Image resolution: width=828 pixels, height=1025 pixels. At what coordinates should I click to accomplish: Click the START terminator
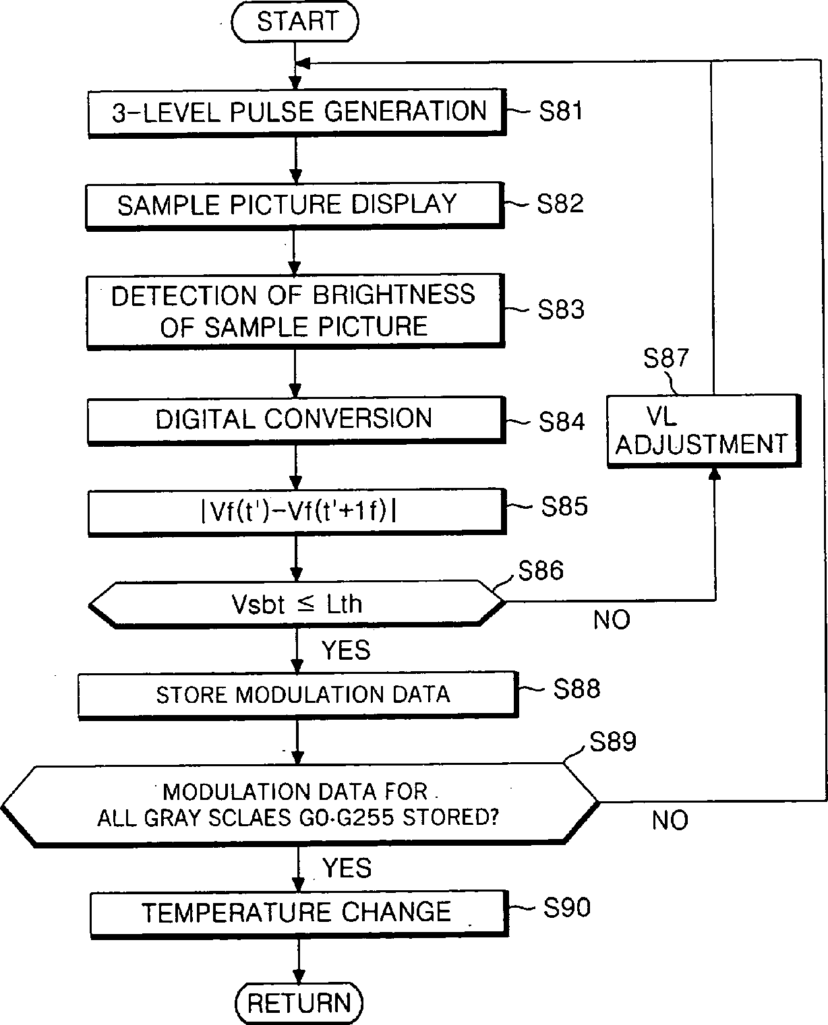[x=295, y=22]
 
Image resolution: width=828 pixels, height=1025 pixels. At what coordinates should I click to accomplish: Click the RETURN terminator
[x=299, y=1002]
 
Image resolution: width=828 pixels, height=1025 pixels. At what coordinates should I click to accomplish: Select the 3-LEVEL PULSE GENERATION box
[x=297, y=112]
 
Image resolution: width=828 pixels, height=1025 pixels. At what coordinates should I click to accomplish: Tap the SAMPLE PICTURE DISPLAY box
[x=294, y=205]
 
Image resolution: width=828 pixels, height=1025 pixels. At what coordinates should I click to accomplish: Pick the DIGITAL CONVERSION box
[x=295, y=418]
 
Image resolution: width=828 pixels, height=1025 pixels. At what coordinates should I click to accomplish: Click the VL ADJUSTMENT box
[x=703, y=431]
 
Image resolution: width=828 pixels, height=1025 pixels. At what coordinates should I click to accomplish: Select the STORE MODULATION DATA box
[x=297, y=694]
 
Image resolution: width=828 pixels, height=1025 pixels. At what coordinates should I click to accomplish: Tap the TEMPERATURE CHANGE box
[x=297, y=912]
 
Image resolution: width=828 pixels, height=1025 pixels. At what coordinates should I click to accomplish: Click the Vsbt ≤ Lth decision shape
[x=297, y=603]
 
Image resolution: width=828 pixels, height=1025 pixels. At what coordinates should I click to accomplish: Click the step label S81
[x=560, y=111]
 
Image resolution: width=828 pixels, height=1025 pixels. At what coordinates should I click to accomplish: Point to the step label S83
[x=561, y=309]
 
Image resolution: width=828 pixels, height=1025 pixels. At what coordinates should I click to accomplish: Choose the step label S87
[x=666, y=359]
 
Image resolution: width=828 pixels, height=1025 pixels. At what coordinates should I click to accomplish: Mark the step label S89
[x=612, y=742]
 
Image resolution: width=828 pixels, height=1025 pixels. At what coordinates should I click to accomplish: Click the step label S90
[x=566, y=908]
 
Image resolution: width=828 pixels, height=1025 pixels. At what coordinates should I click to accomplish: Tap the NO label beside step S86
[x=612, y=620]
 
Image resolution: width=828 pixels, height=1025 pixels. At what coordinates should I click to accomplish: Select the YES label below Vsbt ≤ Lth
[x=346, y=650]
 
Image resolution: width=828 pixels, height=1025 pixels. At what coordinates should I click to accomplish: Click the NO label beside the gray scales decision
[x=670, y=820]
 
